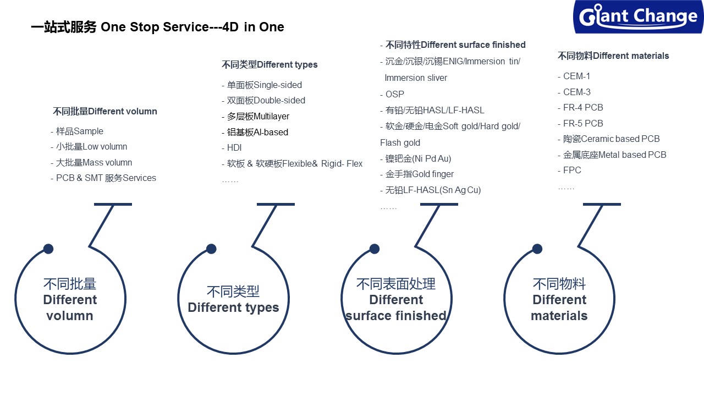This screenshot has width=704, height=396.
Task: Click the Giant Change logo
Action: click(638, 16)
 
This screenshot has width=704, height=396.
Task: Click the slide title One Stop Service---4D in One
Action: click(157, 27)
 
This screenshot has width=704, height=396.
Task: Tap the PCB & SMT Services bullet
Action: click(106, 178)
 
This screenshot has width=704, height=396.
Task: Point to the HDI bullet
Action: click(234, 148)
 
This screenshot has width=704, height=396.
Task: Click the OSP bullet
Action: click(394, 95)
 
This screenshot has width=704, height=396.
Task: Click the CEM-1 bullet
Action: click(576, 76)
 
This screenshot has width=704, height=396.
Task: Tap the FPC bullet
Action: click(572, 170)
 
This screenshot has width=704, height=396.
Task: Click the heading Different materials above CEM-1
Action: click(613, 56)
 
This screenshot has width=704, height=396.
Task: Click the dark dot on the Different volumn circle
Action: click(48, 249)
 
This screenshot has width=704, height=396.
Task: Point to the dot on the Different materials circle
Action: click(537, 249)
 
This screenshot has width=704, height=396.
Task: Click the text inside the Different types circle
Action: click(233, 300)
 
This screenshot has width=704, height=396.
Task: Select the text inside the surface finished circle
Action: click(396, 300)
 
